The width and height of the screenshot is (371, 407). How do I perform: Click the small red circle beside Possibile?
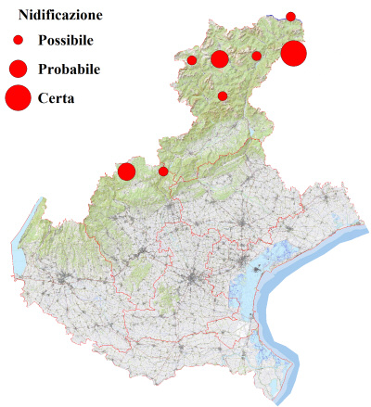point(18,41)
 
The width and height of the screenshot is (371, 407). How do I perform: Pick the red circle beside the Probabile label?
point(18,69)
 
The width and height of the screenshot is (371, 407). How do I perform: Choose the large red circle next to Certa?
point(18,96)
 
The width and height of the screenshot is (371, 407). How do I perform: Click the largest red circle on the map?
point(293,54)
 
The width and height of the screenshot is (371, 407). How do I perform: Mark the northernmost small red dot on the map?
point(290,16)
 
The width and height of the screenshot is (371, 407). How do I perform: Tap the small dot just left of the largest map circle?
point(257,56)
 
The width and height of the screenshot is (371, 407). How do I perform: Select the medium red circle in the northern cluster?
point(220,59)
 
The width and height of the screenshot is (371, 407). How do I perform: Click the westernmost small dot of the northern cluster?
point(192,60)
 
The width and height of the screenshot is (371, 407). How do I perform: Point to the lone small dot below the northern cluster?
point(223,95)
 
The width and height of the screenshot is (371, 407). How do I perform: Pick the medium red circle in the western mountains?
point(126,171)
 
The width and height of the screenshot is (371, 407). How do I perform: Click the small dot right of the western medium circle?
point(163,171)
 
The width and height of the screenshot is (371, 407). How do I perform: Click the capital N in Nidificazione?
point(24,16)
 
